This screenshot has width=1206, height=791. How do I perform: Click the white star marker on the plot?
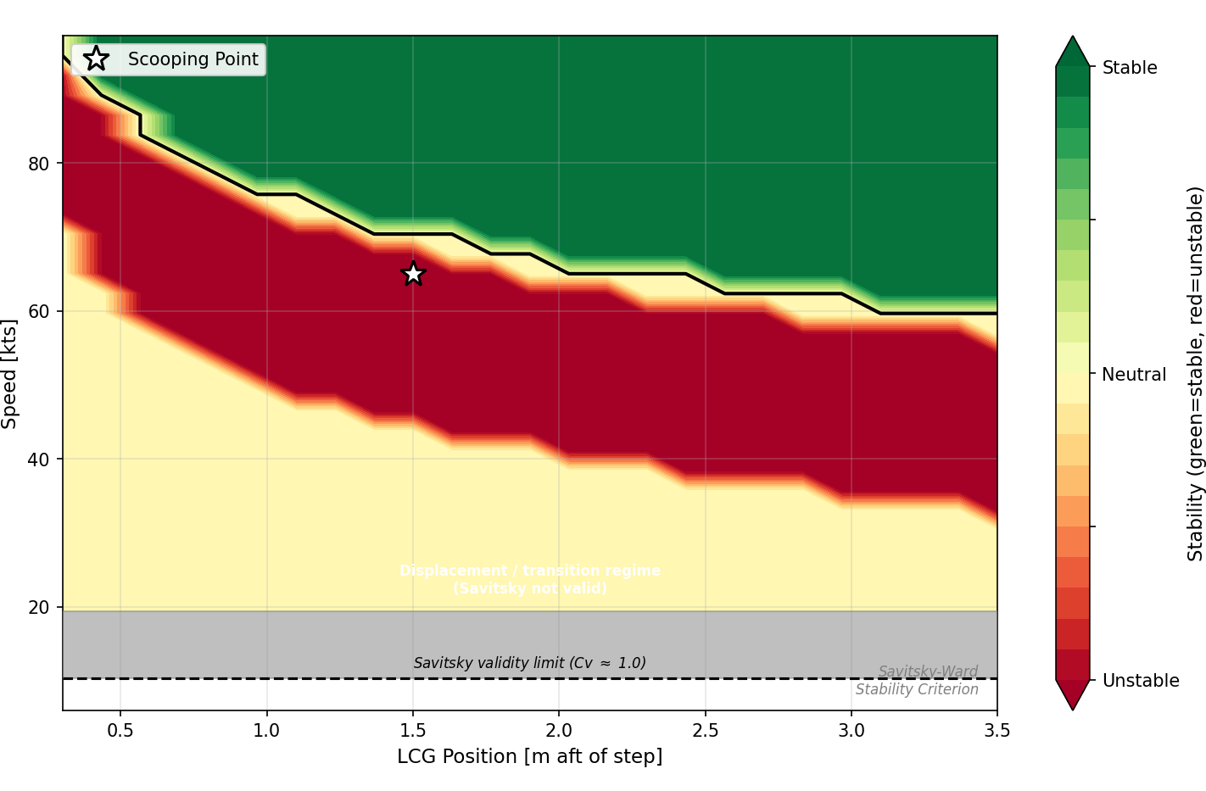pos(413,274)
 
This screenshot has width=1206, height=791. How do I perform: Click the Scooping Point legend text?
pos(193,59)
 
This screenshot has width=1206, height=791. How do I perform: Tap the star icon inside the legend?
pos(97,59)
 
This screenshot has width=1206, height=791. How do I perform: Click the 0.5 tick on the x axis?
pos(120,730)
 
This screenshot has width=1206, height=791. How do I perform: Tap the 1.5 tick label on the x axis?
pos(413,730)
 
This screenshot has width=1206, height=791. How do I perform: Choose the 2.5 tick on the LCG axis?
pos(705,730)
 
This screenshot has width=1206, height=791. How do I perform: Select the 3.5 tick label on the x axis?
pos(997,730)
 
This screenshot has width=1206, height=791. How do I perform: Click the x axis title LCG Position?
pos(529,756)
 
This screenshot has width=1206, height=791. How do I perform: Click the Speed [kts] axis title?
pos(10,373)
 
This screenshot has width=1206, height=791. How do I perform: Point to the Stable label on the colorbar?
pos(1129,68)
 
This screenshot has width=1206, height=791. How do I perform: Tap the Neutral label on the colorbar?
pos(1133,375)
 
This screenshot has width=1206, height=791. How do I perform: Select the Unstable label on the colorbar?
pos(1140,681)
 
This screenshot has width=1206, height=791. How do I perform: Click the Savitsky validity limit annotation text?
pos(529,663)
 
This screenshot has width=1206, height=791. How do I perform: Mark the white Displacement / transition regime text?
pos(529,579)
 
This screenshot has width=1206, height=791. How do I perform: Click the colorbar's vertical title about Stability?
pos(1195,373)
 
